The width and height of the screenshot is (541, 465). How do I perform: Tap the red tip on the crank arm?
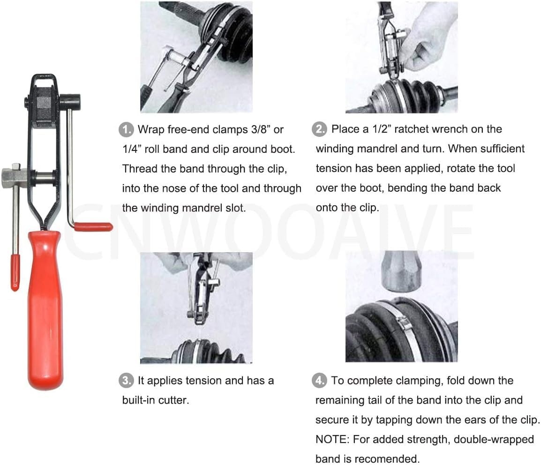94,227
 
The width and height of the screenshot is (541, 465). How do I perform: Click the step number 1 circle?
125,129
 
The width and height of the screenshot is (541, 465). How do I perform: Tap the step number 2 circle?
319,129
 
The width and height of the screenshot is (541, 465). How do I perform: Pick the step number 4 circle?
319,381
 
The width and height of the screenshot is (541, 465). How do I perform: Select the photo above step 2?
401,57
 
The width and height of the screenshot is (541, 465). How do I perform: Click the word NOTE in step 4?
332,439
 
